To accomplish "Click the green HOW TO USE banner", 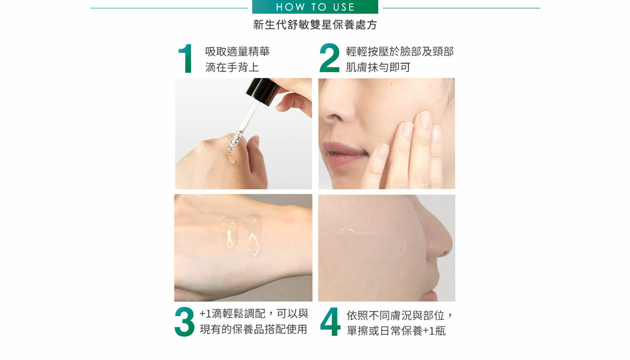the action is tap(315, 7).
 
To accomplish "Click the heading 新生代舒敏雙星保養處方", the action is tap(315, 25).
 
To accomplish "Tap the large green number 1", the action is tap(185, 59).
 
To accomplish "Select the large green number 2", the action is tap(329, 58).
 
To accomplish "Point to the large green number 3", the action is tap(184, 322).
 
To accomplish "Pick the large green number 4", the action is tap(330, 322).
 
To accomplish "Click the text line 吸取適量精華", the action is tap(238, 52).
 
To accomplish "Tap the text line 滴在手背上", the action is tap(232, 67).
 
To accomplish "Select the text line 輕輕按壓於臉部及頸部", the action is tap(400, 52).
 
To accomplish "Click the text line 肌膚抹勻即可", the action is tap(378, 67).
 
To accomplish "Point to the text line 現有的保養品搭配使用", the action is tap(254, 329).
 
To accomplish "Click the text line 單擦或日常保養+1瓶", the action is tap(396, 331).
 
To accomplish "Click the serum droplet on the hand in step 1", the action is tap(231, 161).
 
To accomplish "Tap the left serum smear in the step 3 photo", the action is tap(230, 232).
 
